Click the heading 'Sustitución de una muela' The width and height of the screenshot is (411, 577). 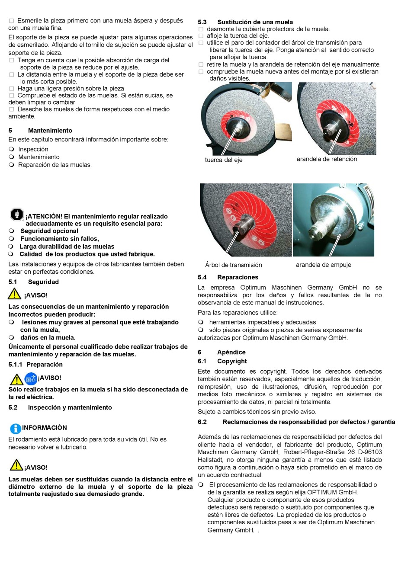coord(255,22)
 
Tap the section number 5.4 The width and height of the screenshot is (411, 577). coord(202,277)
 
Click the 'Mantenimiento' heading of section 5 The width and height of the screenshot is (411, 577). coord(50,131)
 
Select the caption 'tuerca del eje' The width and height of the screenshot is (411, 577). coord(223,160)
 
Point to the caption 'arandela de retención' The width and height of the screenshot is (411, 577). coord(327,159)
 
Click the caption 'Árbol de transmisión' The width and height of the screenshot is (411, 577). coord(233,265)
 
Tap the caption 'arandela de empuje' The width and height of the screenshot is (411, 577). coord(323,265)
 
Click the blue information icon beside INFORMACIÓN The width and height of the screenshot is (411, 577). coord(15,428)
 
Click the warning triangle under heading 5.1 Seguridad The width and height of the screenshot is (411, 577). coord(14,294)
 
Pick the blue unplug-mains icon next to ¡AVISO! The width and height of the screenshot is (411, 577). coord(31,379)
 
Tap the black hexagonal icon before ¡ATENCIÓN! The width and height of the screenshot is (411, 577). coord(17,214)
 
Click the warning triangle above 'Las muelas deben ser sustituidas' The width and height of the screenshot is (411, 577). coord(16,465)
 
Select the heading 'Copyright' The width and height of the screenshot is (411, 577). coord(232,361)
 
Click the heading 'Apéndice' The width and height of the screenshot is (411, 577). coord(231,353)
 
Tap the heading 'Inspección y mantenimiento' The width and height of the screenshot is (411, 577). coord(70,407)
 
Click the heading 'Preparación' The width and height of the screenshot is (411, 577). coord(44,365)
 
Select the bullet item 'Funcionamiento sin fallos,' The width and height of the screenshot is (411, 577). coord(59,239)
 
